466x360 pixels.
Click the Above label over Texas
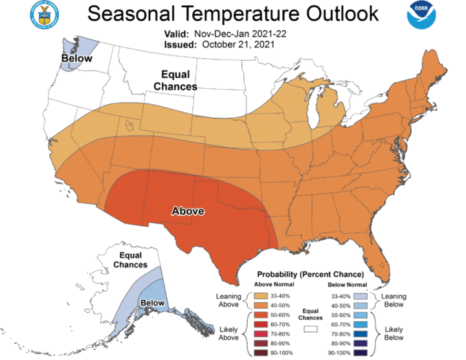tap(188, 211)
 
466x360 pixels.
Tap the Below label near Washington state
tap(76, 59)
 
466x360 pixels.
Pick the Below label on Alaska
tap(153, 302)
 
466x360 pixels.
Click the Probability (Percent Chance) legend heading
tap(310, 274)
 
